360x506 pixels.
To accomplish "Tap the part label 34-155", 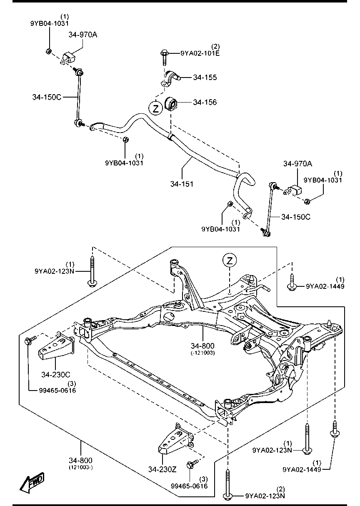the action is tap(205, 78).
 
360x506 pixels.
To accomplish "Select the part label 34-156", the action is tap(205, 103).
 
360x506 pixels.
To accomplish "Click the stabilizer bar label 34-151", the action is tap(182, 184).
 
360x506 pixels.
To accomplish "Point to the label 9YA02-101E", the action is tap(200, 53).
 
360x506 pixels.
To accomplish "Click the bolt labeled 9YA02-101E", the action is tap(164, 58).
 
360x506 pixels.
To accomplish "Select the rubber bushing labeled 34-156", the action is tap(172, 104).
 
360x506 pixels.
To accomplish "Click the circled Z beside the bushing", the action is tap(155, 109).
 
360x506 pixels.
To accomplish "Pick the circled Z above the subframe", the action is tap(230, 261).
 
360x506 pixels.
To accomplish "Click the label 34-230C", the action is tap(56, 375).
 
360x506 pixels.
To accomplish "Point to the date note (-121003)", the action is tap(202, 353).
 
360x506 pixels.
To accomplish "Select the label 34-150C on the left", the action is tap(47, 97).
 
